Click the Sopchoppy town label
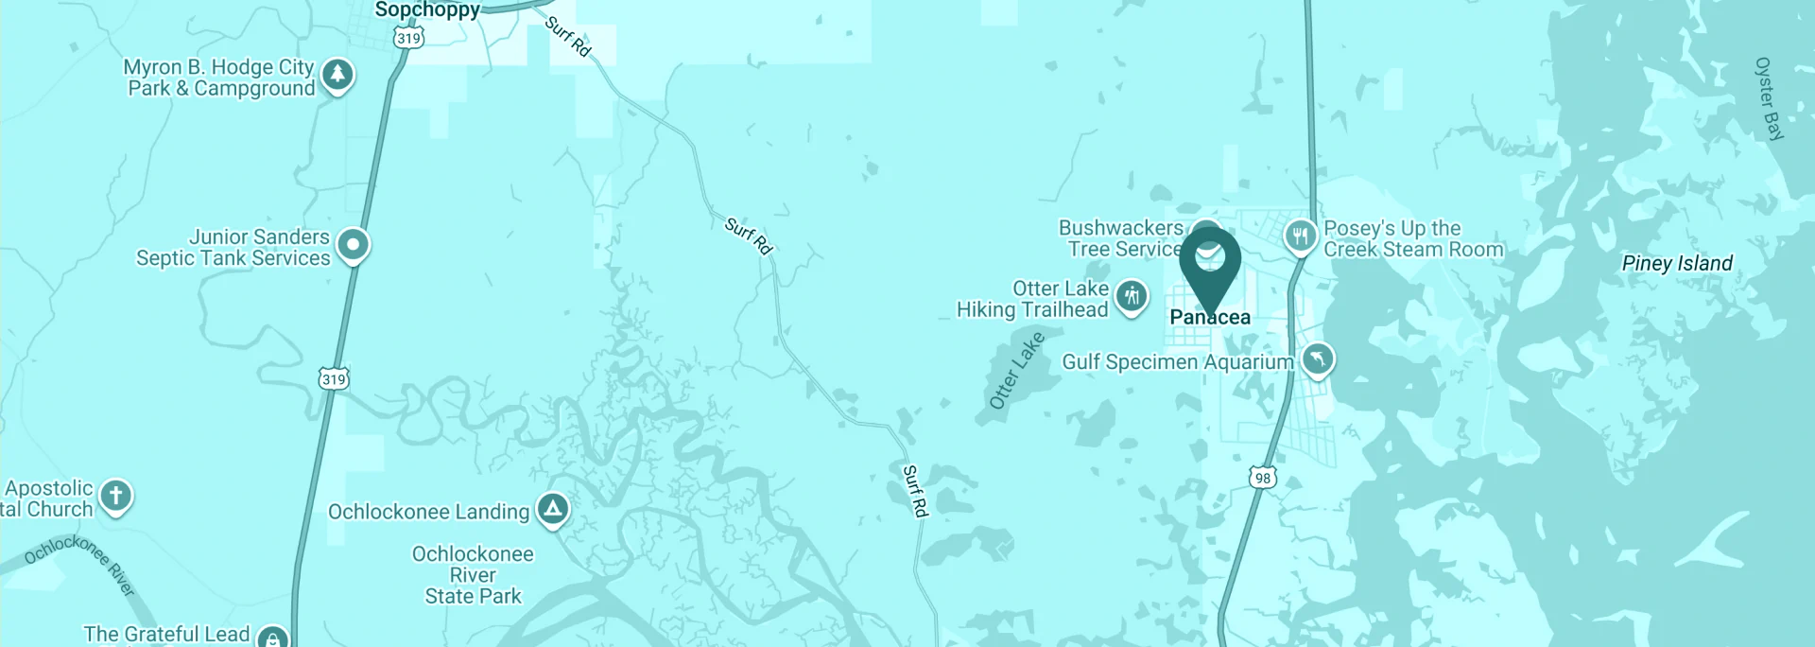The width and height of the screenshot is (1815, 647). click(427, 10)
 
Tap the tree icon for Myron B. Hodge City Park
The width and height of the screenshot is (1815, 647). click(337, 74)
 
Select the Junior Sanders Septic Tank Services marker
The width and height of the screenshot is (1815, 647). click(353, 244)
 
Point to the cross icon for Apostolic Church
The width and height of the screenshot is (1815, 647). click(116, 495)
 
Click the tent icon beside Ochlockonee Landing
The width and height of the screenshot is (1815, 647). click(553, 509)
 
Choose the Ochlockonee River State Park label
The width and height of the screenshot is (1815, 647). click(473, 575)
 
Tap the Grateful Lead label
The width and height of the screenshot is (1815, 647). click(166, 634)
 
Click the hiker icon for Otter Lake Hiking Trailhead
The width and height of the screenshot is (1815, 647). click(1132, 296)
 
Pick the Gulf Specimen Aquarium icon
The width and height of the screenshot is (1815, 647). click(1318, 358)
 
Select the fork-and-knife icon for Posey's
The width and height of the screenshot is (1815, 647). click(1301, 235)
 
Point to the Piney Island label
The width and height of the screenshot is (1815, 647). click(1677, 264)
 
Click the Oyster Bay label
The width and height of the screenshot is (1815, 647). click(1769, 98)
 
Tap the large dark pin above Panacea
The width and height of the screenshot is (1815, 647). click(1210, 260)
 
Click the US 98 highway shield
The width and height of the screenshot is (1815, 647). click(1263, 478)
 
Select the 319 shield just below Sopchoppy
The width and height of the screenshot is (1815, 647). click(408, 38)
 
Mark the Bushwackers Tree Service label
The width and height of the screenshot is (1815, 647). click(1121, 238)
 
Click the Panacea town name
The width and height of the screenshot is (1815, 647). click(1210, 318)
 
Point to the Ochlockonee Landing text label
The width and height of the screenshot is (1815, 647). click(428, 512)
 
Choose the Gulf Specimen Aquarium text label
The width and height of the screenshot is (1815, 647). click(1178, 362)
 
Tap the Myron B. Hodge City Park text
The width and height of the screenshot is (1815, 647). click(219, 78)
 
